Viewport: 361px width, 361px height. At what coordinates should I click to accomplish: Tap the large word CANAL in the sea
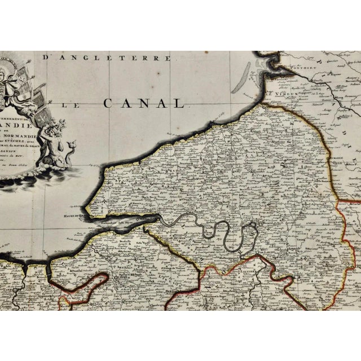click(144, 103)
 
